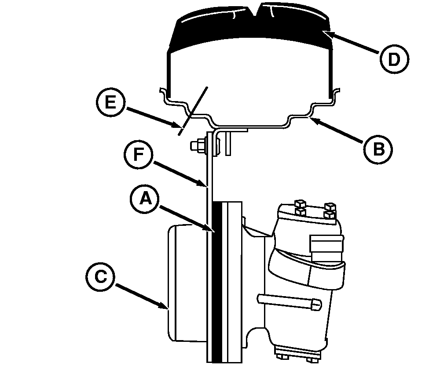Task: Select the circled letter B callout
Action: click(x=378, y=149)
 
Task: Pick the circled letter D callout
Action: click(x=394, y=59)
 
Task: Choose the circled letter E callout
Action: click(x=110, y=102)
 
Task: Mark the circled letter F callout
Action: click(x=139, y=155)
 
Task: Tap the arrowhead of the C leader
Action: click(x=165, y=306)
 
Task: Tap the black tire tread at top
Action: click(x=251, y=28)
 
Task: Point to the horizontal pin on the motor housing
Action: click(x=290, y=301)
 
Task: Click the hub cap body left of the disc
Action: click(x=187, y=283)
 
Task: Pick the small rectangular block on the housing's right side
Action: click(x=326, y=244)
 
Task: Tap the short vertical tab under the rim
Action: click(x=228, y=144)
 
